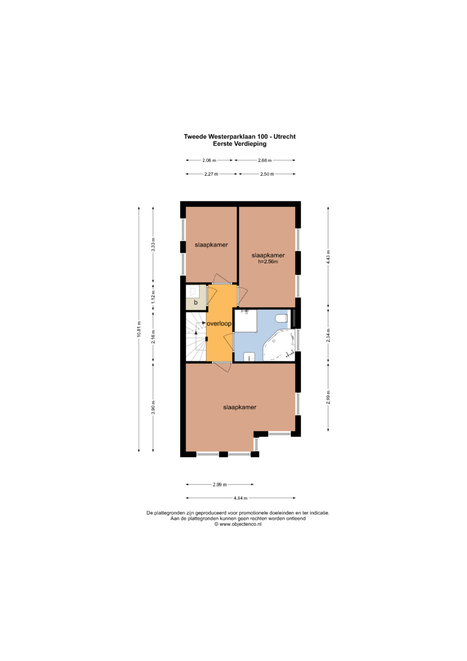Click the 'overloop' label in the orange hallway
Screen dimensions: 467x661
(x=219, y=324)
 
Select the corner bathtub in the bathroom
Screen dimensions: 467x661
(x=279, y=345)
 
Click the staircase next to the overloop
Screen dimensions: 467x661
(x=196, y=337)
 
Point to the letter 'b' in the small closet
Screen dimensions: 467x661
(x=196, y=303)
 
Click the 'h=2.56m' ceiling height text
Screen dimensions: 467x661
(x=268, y=261)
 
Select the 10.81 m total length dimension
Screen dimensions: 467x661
(x=138, y=329)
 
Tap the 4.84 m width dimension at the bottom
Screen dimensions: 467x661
(x=240, y=498)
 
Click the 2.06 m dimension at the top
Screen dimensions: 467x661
(x=209, y=161)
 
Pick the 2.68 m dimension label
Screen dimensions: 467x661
(x=265, y=161)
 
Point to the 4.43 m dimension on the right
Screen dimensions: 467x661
(x=328, y=257)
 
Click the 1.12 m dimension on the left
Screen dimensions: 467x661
(x=153, y=297)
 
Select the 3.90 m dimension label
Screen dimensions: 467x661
(x=153, y=407)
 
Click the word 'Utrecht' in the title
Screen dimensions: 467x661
(x=285, y=137)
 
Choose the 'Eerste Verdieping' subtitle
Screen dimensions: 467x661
(x=240, y=144)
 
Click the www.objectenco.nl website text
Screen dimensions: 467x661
(x=240, y=524)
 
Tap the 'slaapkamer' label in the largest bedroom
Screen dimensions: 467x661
(x=240, y=407)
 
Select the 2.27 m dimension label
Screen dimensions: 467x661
(x=211, y=174)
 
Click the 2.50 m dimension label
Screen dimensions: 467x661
(x=267, y=174)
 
